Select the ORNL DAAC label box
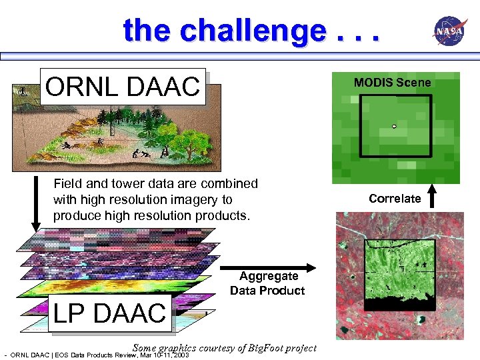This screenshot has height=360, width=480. (122, 86)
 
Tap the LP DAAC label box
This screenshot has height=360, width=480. (109, 313)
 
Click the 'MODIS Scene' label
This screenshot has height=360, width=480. (392, 83)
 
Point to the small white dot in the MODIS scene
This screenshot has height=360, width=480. (394, 126)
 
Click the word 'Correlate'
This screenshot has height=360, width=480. (395, 199)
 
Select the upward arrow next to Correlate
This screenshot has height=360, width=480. (433, 197)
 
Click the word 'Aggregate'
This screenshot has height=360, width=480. (269, 276)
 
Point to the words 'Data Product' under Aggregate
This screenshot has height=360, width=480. (267, 291)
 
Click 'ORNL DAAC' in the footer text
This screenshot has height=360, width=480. (31, 355)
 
